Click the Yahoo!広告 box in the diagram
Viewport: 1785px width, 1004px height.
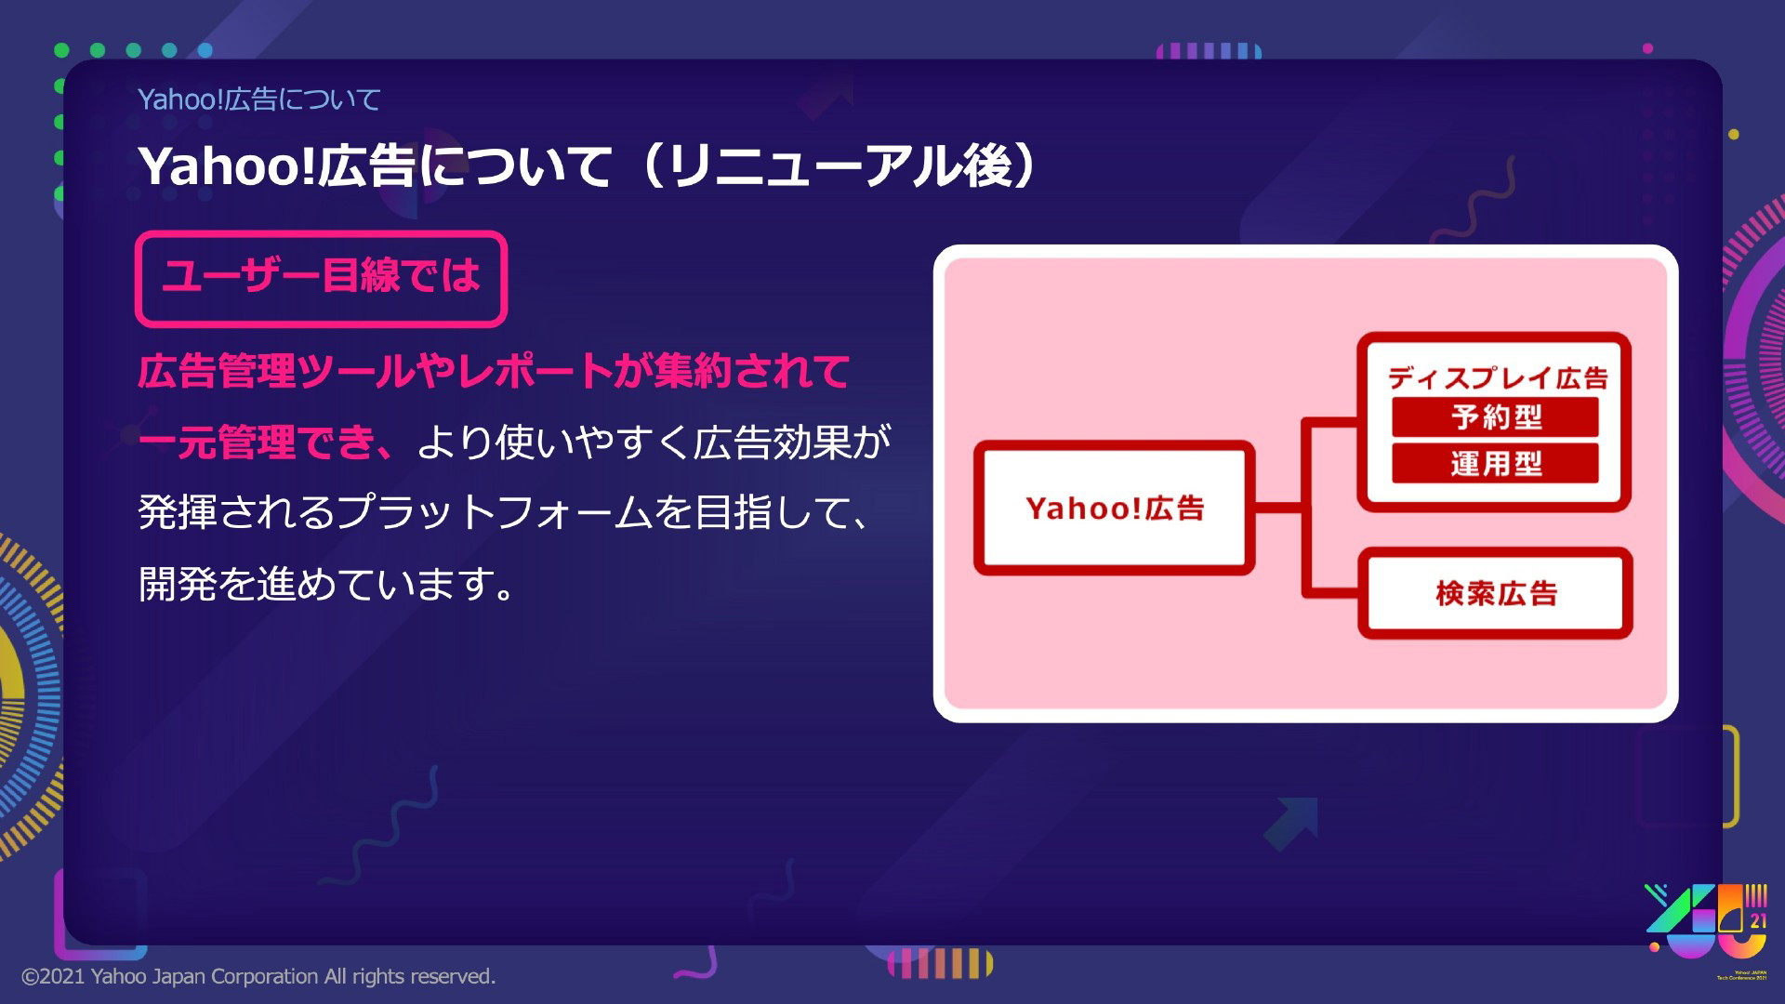1114,508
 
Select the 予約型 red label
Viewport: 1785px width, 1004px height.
1495,416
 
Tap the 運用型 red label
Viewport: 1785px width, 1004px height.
1495,463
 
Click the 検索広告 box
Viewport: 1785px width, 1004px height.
1495,593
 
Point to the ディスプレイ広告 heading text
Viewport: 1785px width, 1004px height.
1497,377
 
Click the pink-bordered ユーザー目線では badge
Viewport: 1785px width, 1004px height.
321,278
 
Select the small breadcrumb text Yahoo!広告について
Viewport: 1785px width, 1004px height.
258,99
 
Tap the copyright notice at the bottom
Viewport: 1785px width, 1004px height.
258,976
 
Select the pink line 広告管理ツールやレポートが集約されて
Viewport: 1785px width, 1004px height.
494,371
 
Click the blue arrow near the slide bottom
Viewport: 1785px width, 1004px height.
1291,823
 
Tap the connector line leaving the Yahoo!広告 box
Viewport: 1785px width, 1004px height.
1278,508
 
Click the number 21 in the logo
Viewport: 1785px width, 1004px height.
1757,921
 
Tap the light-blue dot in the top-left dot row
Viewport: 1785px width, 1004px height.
205,50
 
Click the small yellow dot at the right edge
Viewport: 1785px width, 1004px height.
1734,135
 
